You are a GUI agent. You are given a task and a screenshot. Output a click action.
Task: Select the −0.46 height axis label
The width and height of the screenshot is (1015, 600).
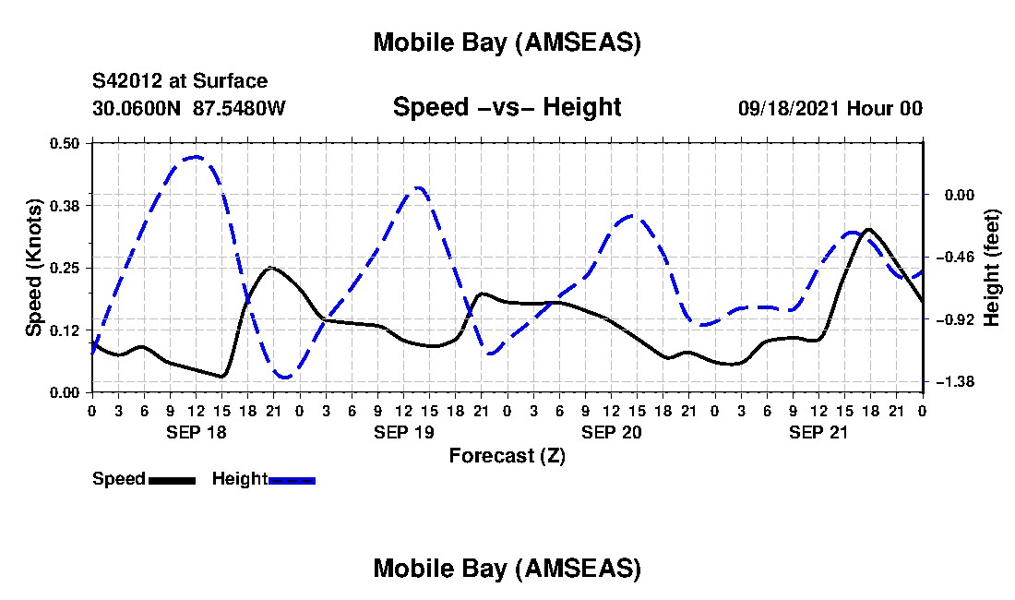click(950, 257)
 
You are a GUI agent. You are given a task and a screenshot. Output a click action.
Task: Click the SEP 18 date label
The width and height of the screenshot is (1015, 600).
click(195, 431)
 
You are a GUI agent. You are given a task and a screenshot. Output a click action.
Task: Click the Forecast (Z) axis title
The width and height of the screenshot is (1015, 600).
click(507, 455)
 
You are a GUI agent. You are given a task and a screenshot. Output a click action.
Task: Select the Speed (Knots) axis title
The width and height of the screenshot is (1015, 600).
click(34, 268)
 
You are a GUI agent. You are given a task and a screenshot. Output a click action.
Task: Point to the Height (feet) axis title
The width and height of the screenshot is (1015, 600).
click(992, 268)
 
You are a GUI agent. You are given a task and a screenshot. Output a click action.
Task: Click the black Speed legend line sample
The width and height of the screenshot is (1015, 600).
click(172, 480)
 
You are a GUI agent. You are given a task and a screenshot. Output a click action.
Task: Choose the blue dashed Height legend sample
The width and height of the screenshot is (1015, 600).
click(293, 480)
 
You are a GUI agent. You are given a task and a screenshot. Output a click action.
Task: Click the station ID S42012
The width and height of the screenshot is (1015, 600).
click(130, 81)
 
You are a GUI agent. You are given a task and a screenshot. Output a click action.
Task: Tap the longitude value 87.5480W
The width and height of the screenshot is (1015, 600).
click(240, 108)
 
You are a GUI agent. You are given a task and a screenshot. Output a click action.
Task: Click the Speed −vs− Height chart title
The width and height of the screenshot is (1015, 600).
click(507, 107)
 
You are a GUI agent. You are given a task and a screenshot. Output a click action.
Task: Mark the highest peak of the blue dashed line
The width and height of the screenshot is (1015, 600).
click(195, 157)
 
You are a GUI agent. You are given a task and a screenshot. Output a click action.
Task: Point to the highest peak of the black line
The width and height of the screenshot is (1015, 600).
click(867, 229)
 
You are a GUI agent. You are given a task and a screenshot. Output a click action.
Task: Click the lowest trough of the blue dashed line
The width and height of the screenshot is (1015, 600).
click(285, 377)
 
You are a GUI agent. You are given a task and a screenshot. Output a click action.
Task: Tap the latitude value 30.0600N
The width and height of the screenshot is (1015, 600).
click(137, 108)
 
